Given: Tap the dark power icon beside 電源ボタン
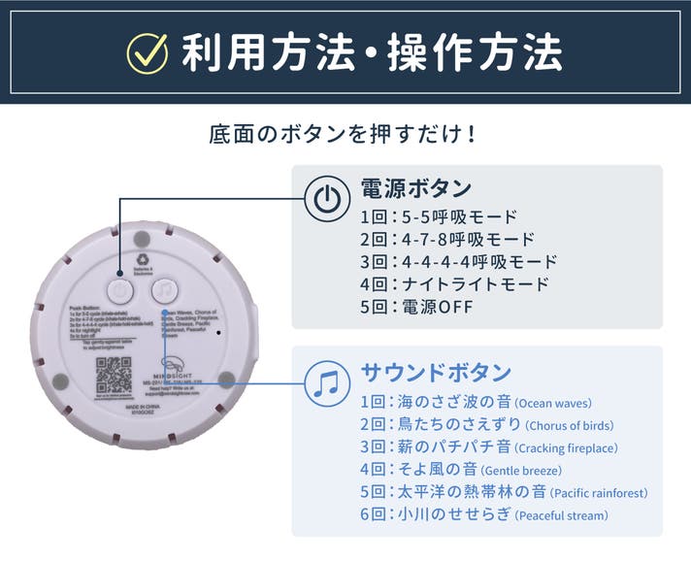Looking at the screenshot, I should pyautogui.click(x=326, y=198).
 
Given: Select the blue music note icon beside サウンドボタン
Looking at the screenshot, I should pyautogui.click(x=326, y=382).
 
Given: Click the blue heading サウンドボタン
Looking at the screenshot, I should pyautogui.click(x=436, y=373).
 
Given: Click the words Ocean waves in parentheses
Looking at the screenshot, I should pyautogui.click(x=553, y=404).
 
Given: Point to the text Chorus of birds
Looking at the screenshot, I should pyautogui.click(x=570, y=426).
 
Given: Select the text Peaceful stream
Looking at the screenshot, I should pyautogui.click(x=561, y=515).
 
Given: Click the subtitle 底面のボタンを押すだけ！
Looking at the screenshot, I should pyautogui.click(x=345, y=133).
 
